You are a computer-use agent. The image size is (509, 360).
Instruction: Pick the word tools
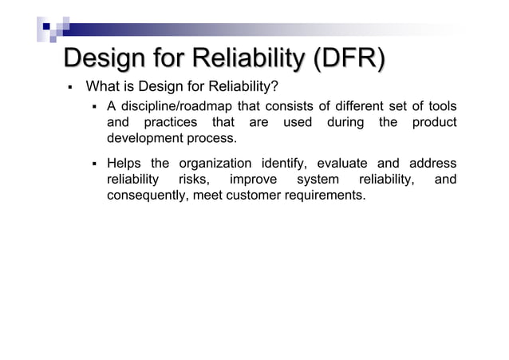tap(441, 106)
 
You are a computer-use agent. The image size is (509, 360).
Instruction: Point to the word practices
tap(174, 122)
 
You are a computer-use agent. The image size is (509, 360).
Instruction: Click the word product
tap(435, 122)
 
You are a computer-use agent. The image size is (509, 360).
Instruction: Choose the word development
tap(145, 138)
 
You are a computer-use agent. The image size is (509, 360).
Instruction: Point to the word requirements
tap(327, 196)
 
